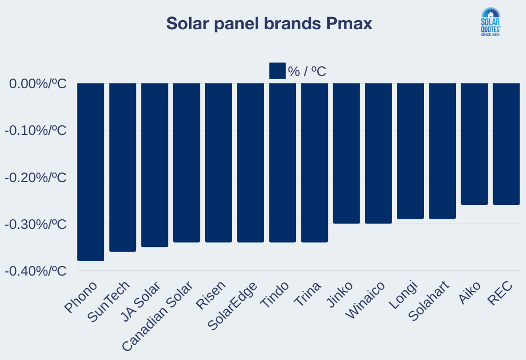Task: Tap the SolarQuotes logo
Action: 490,22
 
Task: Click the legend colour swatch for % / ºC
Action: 277,71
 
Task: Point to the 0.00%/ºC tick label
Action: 37,84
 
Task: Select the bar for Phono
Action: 90,172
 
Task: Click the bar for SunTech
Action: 123,167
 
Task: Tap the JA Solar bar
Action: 155,165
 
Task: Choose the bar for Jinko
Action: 346,153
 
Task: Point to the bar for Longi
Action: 410,151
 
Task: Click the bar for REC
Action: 506,144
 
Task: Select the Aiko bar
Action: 474,144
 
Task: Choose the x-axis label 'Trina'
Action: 309,295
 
